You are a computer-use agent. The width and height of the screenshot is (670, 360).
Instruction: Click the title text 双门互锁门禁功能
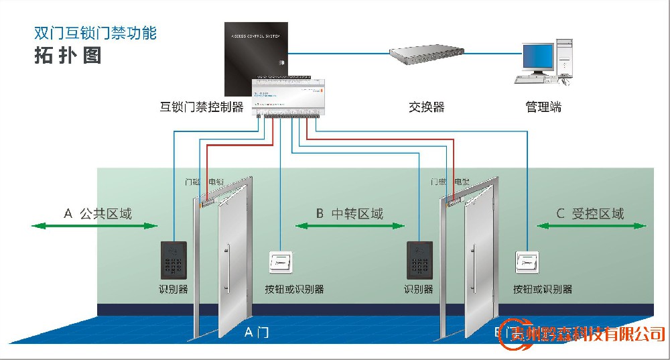(95, 33)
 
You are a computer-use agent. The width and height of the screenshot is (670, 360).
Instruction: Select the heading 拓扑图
(68, 56)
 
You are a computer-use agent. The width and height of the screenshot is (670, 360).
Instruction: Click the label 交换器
(426, 107)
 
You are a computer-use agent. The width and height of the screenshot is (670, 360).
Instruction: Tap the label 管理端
(543, 107)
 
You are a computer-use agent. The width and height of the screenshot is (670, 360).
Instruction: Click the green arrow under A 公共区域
(94, 227)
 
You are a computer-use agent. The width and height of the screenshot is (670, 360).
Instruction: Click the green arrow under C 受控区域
(591, 227)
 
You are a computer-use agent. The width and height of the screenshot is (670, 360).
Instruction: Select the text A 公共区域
(98, 214)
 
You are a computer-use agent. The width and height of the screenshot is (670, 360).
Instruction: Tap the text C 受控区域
(590, 214)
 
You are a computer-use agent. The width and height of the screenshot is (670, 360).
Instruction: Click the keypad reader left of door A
(174, 260)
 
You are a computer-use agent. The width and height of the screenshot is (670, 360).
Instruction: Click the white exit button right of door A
(281, 262)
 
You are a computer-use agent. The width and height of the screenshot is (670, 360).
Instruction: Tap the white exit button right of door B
(527, 262)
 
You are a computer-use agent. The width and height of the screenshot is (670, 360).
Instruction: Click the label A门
(257, 332)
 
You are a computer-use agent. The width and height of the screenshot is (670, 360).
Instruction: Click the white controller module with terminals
(289, 97)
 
